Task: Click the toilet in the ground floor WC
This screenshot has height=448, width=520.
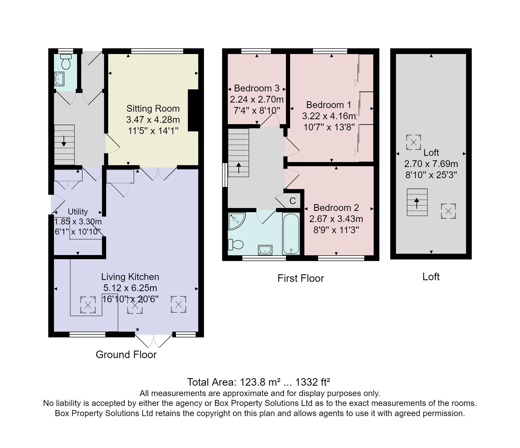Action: (66, 62)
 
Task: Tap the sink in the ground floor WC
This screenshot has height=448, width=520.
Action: (59, 79)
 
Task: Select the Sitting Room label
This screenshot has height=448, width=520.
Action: (153, 108)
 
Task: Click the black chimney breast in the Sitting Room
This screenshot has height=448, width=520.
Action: (193, 110)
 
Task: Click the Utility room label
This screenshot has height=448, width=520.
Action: (78, 212)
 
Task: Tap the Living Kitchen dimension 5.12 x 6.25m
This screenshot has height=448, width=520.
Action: (130, 288)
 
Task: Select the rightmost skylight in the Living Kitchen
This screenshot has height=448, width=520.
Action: (179, 304)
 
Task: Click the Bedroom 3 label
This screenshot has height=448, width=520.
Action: (257, 88)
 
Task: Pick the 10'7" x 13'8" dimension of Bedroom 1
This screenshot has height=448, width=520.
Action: (329, 127)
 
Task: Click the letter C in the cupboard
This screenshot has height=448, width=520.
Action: (292, 201)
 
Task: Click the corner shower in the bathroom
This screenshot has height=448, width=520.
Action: (236, 221)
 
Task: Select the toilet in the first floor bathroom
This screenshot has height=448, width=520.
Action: (236, 244)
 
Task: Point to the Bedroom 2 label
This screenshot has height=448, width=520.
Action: (336, 208)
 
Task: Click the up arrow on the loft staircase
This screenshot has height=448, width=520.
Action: (417, 203)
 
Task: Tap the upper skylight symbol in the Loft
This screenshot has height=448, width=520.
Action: (413, 142)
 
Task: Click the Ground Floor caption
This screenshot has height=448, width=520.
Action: (126, 355)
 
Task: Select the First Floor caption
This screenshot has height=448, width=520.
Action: (301, 278)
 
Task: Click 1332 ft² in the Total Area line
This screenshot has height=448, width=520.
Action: (313, 382)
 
